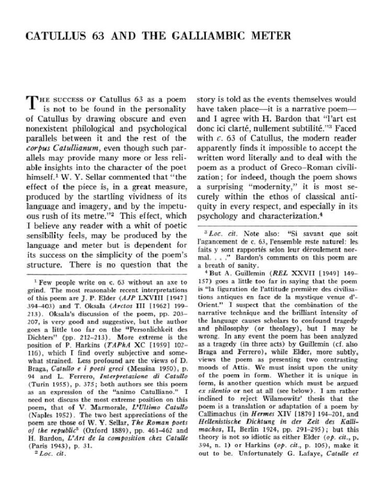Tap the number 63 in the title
point(96,36)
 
